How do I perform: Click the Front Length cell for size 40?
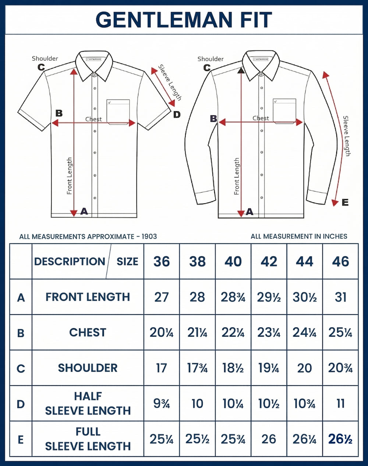pyautogui.click(x=233, y=297)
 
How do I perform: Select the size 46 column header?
pyautogui.click(x=340, y=261)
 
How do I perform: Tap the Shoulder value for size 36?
pyautogui.click(x=161, y=368)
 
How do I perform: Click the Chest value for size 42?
pyautogui.click(x=269, y=332)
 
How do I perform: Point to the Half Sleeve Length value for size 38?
pyautogui.click(x=197, y=403)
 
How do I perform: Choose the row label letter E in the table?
pyautogui.click(x=21, y=439)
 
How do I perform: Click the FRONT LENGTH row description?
pyautogui.click(x=88, y=297)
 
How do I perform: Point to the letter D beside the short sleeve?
pyautogui.click(x=177, y=114)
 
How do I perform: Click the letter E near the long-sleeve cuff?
pyautogui.click(x=345, y=202)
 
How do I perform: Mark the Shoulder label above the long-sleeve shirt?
pyautogui.click(x=210, y=59)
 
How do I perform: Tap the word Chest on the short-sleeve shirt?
pyautogui.click(x=93, y=119)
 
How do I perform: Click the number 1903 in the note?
pyautogui.click(x=149, y=236)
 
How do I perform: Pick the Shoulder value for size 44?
pyautogui.click(x=304, y=368)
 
